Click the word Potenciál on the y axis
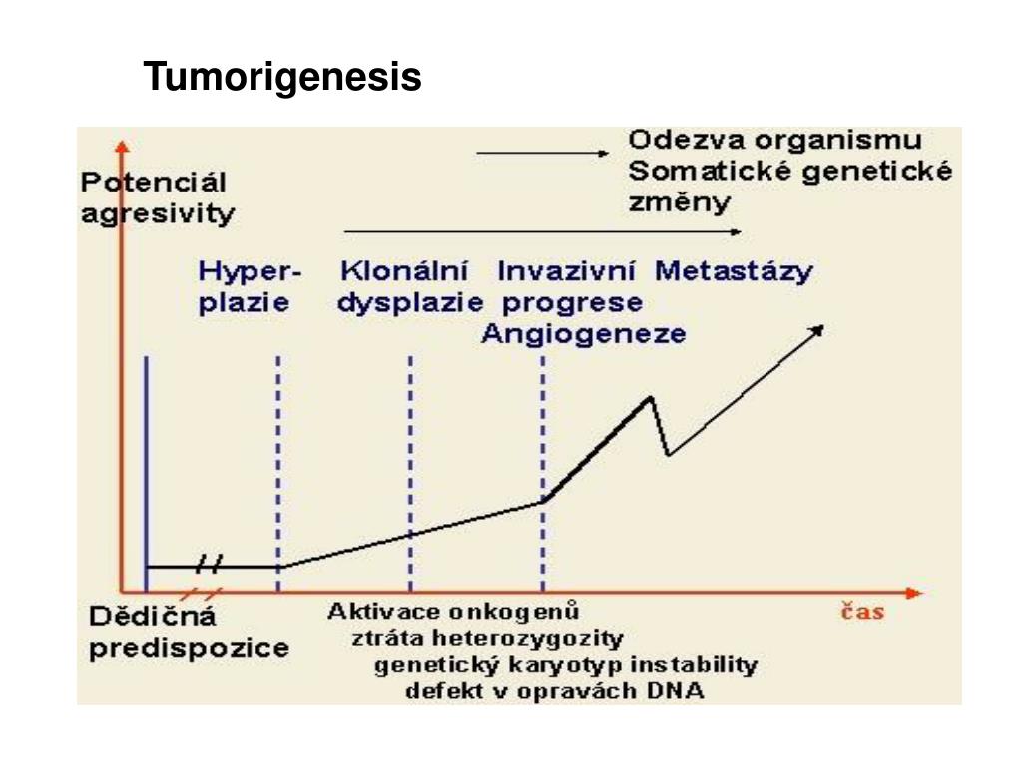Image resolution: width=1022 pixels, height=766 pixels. coord(154,183)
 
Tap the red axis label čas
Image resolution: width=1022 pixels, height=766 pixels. coord(858,611)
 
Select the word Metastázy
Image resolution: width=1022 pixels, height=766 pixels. coord(734,271)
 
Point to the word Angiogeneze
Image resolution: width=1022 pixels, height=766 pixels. coord(583,333)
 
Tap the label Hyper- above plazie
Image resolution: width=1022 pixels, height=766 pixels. coord(251,271)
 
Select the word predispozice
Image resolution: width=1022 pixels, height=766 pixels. coord(190,648)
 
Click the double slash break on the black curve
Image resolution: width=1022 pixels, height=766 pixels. coord(209,565)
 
